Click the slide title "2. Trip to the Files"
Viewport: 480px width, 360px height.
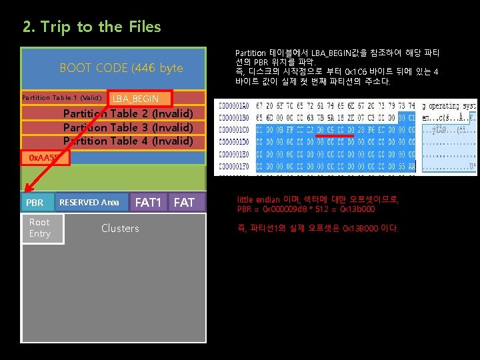pos(91,27)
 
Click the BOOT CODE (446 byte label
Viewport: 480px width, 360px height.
pos(121,68)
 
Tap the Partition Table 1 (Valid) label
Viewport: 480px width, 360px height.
pos(61,98)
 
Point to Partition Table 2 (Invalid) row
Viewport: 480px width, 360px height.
pos(128,113)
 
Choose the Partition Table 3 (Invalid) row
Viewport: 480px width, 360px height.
pos(128,127)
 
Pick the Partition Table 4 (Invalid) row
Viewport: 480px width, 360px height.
pos(128,141)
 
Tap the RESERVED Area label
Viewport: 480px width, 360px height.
pos(89,203)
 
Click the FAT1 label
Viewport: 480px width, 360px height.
pos(149,202)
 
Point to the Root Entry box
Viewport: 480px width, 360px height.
pos(39,228)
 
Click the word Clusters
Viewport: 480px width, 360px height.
pos(120,229)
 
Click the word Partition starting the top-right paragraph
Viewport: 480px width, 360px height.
pos(251,52)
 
